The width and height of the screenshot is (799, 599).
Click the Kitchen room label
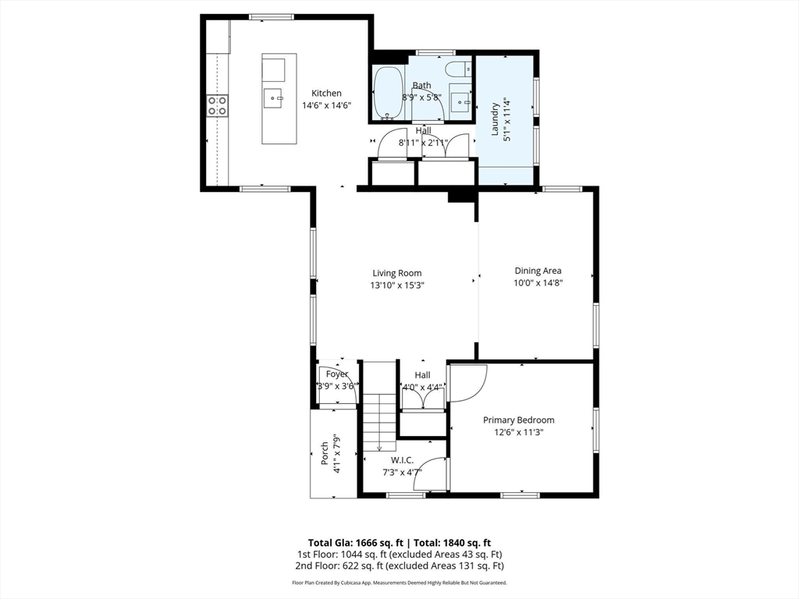pyautogui.click(x=326, y=93)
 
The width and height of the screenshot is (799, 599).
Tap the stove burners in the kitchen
pyautogui.click(x=218, y=105)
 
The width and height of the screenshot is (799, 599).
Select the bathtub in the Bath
pyautogui.click(x=388, y=93)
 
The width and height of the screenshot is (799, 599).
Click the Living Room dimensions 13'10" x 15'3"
pyautogui.click(x=396, y=285)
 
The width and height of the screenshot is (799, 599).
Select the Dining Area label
pyautogui.click(x=538, y=271)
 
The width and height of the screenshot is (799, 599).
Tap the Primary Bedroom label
pyautogui.click(x=518, y=420)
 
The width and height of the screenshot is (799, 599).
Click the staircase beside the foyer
pyautogui.click(x=380, y=421)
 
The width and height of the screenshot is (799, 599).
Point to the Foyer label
pyautogui.click(x=337, y=374)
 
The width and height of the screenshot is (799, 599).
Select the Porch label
pyautogui.click(x=325, y=454)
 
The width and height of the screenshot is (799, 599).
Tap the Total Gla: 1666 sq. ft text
pyautogui.click(x=354, y=543)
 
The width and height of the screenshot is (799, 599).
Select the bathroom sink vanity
pyautogui.click(x=460, y=100)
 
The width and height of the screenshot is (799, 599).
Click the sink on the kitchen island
pyautogui.click(x=274, y=95)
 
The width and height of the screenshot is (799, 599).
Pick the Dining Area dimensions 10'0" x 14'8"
pyautogui.click(x=538, y=283)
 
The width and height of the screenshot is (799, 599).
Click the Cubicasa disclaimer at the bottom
pyautogui.click(x=399, y=583)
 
